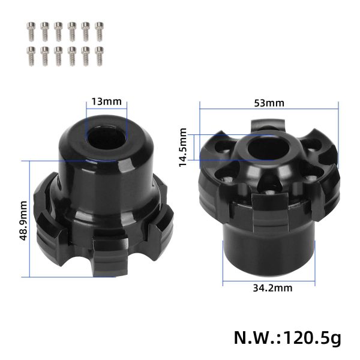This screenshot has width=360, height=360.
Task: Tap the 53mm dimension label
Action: (269, 103)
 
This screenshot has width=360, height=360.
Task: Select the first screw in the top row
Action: (31, 30)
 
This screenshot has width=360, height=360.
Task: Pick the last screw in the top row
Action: (100, 30)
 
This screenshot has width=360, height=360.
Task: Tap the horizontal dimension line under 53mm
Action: (269, 110)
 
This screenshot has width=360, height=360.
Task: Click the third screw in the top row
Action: (58, 30)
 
